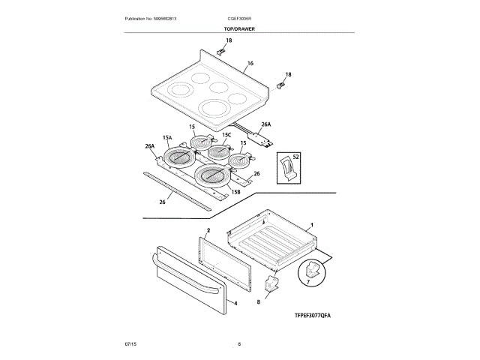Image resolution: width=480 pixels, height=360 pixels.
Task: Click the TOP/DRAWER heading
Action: pyautogui.click(x=239, y=29)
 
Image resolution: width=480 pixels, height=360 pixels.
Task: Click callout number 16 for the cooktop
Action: pyautogui.click(x=250, y=64)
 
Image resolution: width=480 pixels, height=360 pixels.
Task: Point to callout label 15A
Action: pyautogui.click(x=166, y=138)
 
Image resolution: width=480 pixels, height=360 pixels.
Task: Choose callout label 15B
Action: pyautogui.click(x=235, y=193)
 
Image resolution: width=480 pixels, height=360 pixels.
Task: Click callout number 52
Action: pyautogui.click(x=295, y=157)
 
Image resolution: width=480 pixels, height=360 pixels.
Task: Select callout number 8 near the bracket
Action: pyautogui.click(x=258, y=301)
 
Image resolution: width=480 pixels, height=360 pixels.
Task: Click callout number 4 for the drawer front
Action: pyautogui.click(x=235, y=303)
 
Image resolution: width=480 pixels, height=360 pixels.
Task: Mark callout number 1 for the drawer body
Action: pyautogui.click(x=312, y=224)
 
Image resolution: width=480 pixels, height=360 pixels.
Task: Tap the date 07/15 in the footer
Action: pyautogui.click(x=130, y=343)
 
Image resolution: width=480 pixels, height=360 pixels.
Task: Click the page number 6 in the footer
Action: pyautogui.click(x=239, y=343)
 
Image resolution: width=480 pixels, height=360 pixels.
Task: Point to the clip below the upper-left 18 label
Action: pyautogui.click(x=221, y=52)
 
